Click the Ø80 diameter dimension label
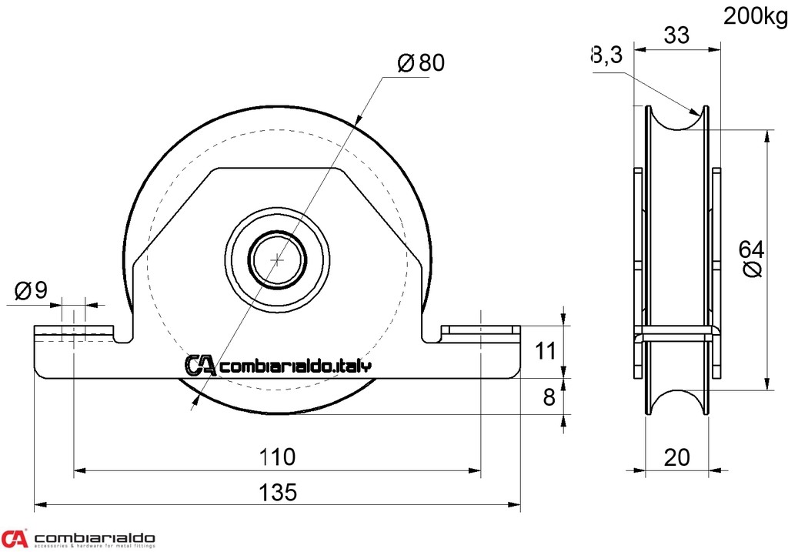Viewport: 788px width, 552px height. (422, 63)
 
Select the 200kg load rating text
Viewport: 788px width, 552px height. (755, 16)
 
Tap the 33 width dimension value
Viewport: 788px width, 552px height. (676, 35)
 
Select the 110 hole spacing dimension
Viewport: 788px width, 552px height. (277, 457)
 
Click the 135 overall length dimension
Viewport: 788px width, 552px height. (277, 493)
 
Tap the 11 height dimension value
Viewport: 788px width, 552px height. (545, 352)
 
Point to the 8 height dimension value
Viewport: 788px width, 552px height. (549, 397)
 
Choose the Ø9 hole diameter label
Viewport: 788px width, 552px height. (32, 290)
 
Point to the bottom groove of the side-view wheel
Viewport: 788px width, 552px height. (676, 402)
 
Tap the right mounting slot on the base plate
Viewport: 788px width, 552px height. (479, 331)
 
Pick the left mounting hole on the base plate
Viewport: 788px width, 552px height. (74, 333)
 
